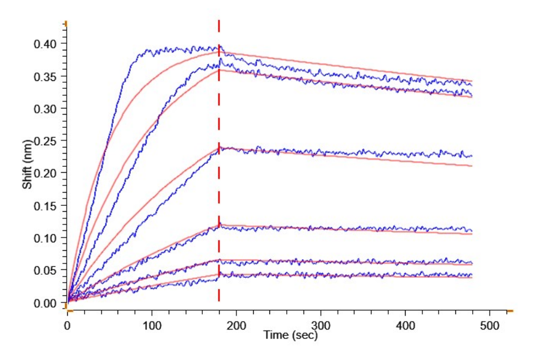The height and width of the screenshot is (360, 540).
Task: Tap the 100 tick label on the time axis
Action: [x=152, y=325]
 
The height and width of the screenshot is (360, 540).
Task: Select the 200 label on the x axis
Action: [x=236, y=325]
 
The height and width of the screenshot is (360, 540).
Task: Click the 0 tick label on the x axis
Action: [x=67, y=325]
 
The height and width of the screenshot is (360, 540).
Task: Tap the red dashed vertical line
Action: [x=219, y=180]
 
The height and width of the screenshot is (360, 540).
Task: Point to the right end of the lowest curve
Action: [x=472, y=277]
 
